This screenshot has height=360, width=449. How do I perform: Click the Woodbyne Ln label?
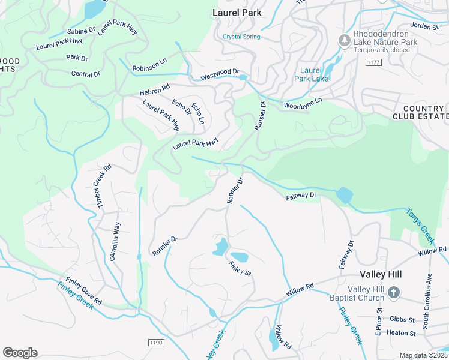(303, 103)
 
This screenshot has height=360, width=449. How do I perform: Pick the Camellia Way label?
(114, 241)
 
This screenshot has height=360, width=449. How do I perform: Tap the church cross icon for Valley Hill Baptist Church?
(393, 292)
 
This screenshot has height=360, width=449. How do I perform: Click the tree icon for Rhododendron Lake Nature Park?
(345, 41)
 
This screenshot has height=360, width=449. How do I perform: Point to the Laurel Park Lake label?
(310, 74)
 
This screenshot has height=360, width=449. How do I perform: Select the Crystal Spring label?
(241, 37)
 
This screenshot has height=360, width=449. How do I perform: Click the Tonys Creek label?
(420, 226)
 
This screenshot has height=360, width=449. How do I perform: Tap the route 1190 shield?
(155, 341)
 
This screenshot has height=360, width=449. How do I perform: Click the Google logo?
(20, 353)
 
